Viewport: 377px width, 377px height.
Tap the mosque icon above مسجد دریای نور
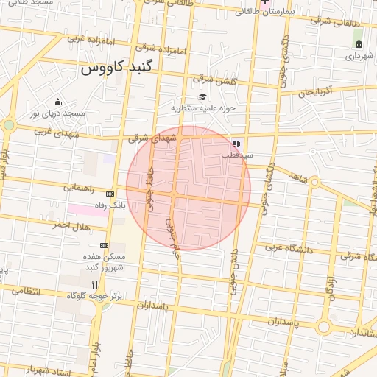[x=57, y=102]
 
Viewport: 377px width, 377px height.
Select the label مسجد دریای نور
[x=58, y=113]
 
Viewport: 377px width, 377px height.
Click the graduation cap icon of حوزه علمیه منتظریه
[x=202, y=96]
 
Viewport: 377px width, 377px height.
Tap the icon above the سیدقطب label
[x=236, y=144]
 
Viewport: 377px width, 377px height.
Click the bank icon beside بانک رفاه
[x=110, y=193]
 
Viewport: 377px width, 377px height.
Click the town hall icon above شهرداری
[x=359, y=44]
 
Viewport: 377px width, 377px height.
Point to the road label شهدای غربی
[x=54, y=131]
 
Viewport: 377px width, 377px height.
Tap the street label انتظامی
[x=46, y=292]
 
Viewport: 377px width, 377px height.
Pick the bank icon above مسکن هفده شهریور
[x=104, y=245]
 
